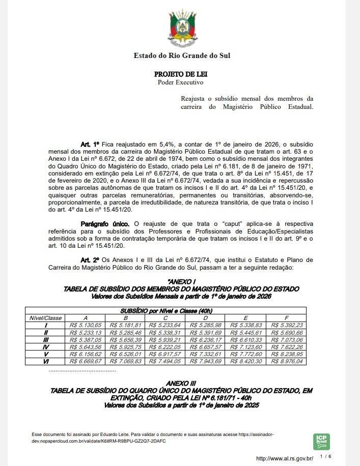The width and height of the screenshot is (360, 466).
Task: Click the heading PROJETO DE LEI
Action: pos(181,74)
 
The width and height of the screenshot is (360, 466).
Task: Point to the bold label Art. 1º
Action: pos(90,144)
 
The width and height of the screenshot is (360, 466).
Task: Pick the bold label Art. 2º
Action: pos(90,259)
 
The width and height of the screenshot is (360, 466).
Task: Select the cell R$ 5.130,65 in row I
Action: pos(85,325)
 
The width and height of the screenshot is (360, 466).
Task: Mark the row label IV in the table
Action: pos(46,346)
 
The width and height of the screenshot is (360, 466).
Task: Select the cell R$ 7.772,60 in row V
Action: pos(246,354)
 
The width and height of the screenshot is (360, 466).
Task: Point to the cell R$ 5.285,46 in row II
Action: pos(125,332)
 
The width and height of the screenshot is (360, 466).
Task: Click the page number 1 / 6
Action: pos(325,457)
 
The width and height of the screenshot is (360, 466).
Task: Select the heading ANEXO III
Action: pos(181,383)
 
